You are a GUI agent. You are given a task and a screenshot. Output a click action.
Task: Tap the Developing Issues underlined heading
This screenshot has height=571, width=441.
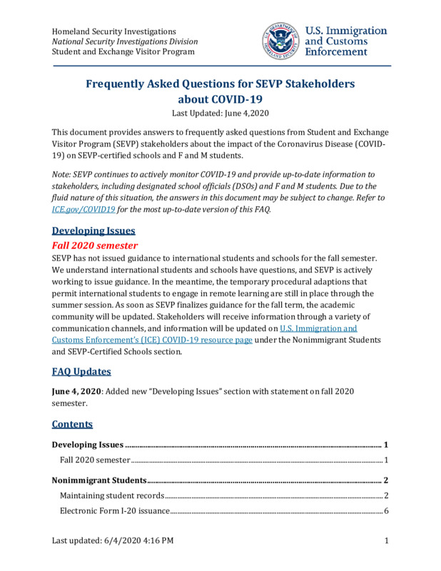click(93, 231)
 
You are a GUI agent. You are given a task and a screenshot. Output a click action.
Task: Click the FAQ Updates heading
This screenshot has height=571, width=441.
click(81, 371)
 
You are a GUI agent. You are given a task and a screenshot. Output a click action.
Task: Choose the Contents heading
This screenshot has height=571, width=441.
click(72, 424)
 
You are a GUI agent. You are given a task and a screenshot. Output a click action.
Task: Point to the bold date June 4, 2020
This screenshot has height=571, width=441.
click(78, 391)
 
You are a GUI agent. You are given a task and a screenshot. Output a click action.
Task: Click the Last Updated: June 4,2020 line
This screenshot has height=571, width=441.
click(220, 113)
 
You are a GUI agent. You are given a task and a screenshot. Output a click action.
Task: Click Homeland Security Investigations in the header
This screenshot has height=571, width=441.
click(114, 31)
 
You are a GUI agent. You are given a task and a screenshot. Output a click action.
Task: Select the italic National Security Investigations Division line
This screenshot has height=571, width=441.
click(125, 41)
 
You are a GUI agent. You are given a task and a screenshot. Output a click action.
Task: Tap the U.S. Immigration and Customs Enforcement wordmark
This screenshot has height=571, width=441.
click(346, 41)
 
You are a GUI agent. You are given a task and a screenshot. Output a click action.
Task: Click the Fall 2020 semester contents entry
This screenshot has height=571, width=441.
click(95, 460)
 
